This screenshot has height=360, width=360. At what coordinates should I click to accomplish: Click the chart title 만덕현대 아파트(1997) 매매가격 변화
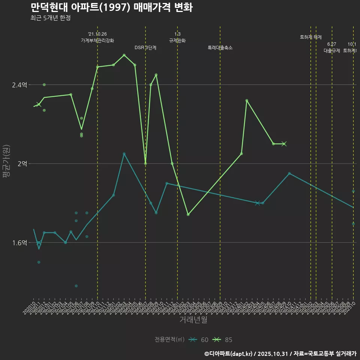(111, 7)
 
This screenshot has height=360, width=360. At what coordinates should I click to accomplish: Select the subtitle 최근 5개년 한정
(50, 18)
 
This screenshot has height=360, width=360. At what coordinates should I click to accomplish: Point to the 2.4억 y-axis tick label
(19, 85)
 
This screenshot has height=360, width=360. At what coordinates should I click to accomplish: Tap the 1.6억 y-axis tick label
(19, 243)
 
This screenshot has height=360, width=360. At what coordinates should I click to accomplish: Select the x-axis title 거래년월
(193, 320)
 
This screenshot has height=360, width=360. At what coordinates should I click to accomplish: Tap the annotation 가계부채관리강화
(97, 40)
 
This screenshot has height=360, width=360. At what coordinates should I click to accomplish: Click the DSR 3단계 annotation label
(145, 48)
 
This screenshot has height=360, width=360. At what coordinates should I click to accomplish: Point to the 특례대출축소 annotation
(220, 48)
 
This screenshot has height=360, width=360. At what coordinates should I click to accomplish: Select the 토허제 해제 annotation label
(311, 37)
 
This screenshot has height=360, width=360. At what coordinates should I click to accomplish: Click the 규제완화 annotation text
(177, 40)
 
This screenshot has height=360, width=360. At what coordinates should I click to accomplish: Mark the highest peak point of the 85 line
(124, 55)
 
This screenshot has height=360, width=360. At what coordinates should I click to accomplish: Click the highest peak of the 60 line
(124, 154)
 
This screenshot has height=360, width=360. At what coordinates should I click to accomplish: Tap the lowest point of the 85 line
(188, 214)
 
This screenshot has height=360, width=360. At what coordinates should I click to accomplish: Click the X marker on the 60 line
(257, 203)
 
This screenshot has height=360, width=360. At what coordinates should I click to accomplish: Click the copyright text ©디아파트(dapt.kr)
(229, 353)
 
